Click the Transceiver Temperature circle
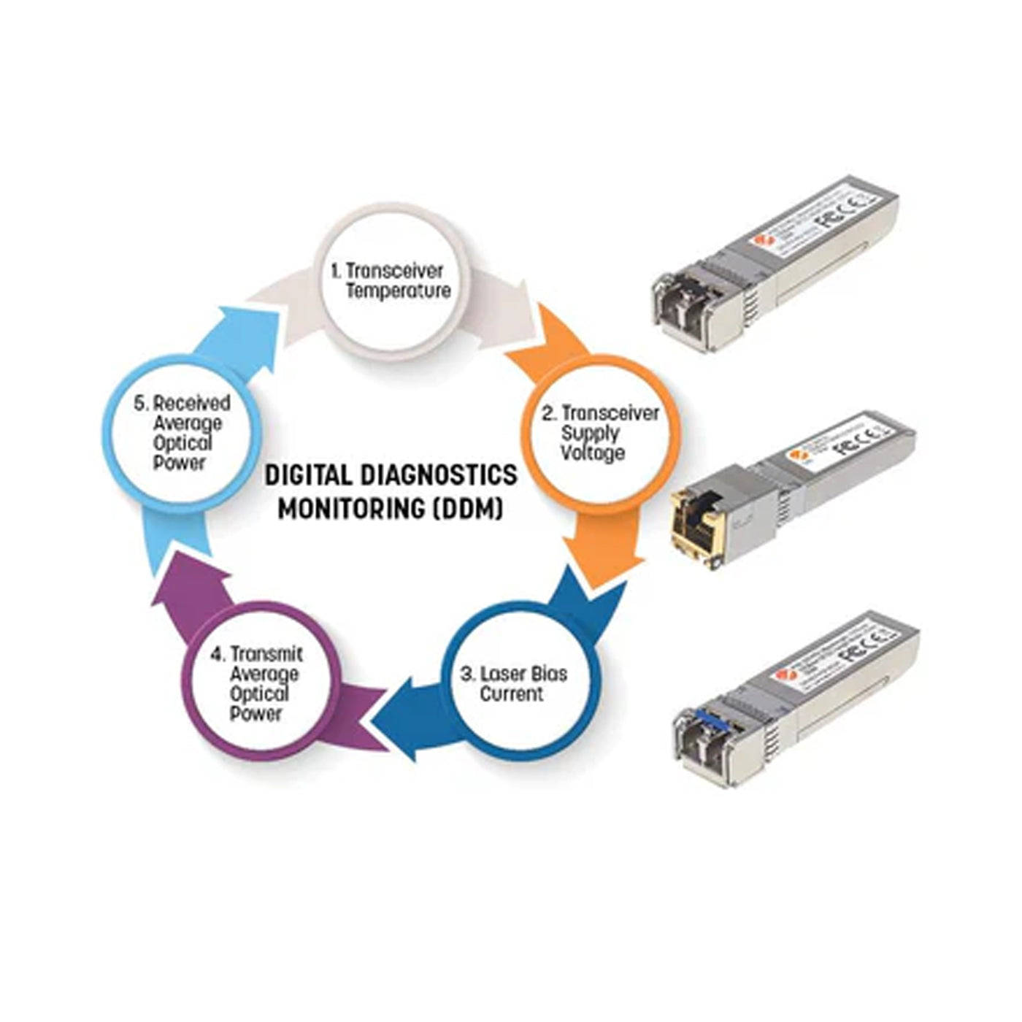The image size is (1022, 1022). pyautogui.click(x=386, y=281)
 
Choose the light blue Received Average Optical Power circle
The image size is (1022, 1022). pyautogui.click(x=181, y=434)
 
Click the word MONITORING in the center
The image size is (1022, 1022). pyautogui.click(x=350, y=508)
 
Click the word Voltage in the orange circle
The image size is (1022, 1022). pyautogui.click(x=593, y=453)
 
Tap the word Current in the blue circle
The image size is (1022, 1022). pyautogui.click(x=511, y=693)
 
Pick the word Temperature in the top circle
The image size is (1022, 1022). pyautogui.click(x=398, y=291)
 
